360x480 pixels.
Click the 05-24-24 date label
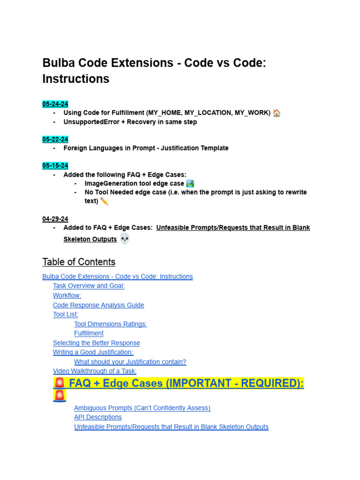[x=55, y=104]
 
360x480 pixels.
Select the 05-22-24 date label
[x=55, y=139]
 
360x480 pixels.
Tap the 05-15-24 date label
[x=55, y=165]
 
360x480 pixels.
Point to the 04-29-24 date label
[x=55, y=219]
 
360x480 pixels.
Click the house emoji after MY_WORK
[x=277, y=113]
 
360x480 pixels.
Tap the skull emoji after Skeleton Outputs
[x=124, y=239]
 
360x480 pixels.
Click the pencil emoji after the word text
[x=104, y=201]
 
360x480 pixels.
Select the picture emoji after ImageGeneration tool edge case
[x=190, y=183]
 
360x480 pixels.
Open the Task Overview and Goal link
[x=89, y=286]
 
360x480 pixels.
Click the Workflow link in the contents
[x=67, y=295]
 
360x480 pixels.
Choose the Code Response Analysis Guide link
[x=98, y=305]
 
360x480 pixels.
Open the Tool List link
[x=66, y=315]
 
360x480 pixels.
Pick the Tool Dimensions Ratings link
[x=110, y=324]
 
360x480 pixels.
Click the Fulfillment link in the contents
[x=89, y=333]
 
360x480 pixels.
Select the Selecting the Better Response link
[x=97, y=343]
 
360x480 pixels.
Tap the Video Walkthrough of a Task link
[x=95, y=371]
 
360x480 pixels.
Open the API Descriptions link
[x=98, y=417]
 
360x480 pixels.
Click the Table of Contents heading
[x=79, y=262]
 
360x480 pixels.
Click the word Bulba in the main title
[x=58, y=63]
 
